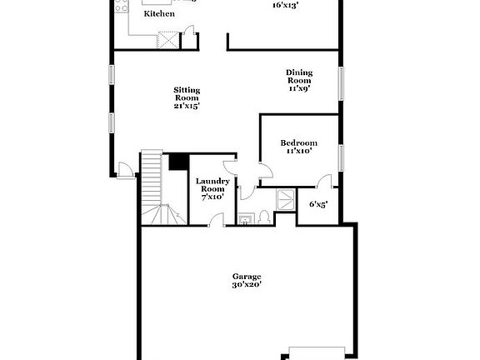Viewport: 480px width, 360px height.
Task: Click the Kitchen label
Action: (x=159, y=14)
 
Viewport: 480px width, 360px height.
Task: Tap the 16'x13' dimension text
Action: (x=286, y=5)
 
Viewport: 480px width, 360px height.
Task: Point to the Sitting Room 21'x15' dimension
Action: (x=187, y=106)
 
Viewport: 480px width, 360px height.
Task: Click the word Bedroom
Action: (x=299, y=142)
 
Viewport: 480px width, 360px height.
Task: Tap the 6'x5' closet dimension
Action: (x=318, y=204)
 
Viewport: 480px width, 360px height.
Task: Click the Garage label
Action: (x=247, y=276)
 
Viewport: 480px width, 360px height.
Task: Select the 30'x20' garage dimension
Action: (x=247, y=285)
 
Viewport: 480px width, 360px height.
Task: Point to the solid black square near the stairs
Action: (x=177, y=162)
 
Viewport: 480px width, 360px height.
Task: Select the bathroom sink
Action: (x=246, y=219)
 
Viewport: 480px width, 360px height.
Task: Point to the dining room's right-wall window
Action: (x=340, y=82)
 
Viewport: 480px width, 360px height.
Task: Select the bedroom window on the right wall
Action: (x=340, y=157)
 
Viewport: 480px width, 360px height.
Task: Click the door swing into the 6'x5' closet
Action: (x=325, y=182)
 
